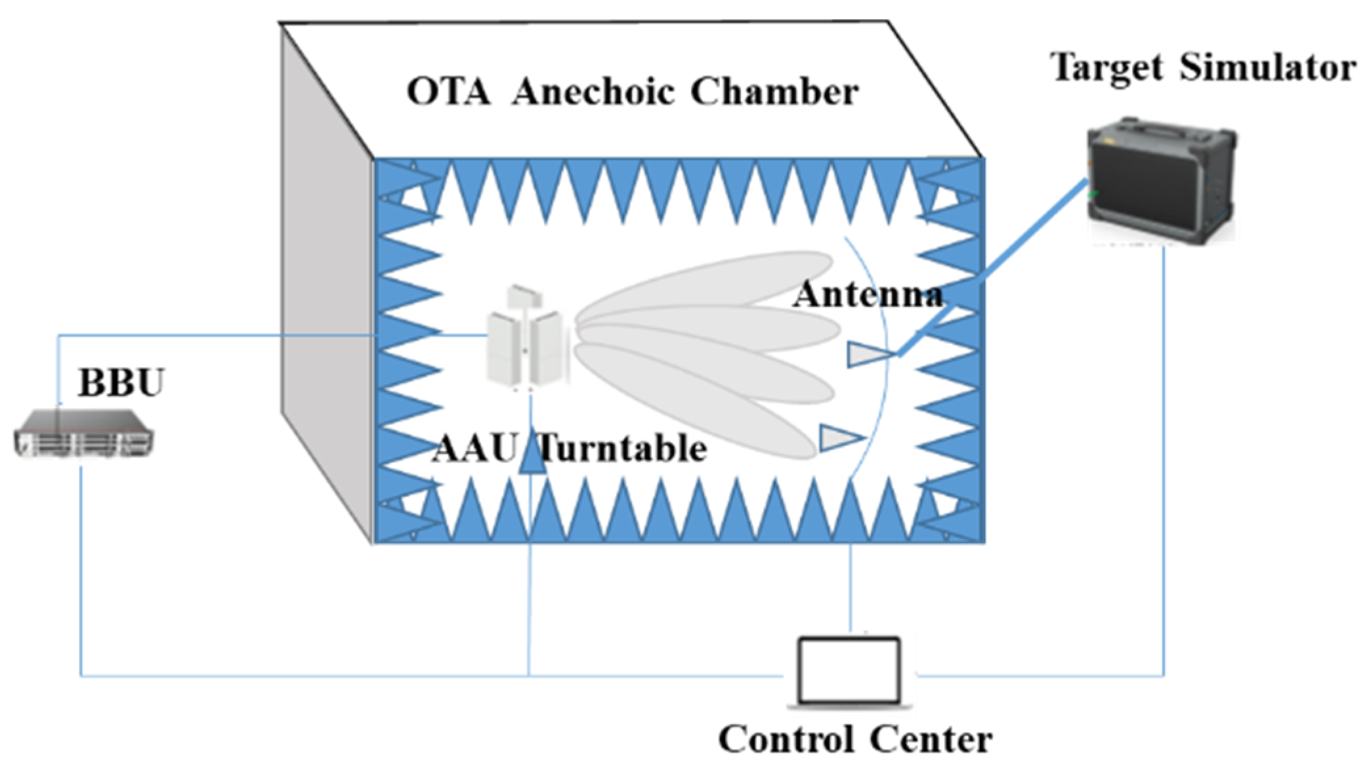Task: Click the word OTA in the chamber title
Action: [448, 92]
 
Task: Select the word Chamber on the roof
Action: [774, 92]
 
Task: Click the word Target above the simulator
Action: [1107, 68]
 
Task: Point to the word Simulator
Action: [1268, 68]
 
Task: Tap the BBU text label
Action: [121, 382]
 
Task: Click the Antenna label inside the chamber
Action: [868, 295]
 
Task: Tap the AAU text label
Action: [474, 449]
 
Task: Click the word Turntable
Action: [623, 449]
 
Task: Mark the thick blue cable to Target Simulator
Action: [991, 269]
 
